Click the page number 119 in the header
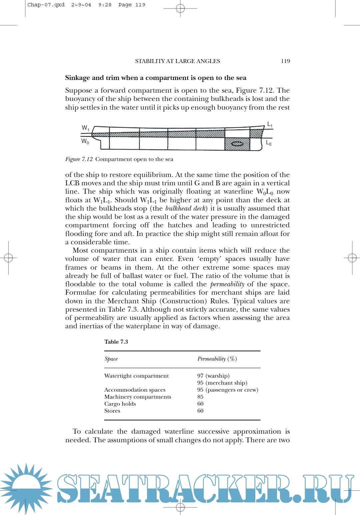coord(285,61)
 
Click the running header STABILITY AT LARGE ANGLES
coord(177,61)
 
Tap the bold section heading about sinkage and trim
coord(156,78)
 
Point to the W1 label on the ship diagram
coord(85,128)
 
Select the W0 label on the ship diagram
coord(85,141)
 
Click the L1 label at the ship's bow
coord(270,125)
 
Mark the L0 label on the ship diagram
coord(269,143)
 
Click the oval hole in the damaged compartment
coord(237,144)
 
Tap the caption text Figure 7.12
coord(79,159)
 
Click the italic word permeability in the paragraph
coord(227,284)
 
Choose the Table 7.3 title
coord(116,342)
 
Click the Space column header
coord(111,359)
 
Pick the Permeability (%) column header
coord(217,359)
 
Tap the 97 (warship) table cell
coord(213,376)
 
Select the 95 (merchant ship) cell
coord(222,383)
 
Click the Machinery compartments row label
coord(138,397)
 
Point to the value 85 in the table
coord(200,397)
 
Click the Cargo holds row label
coord(120,404)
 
